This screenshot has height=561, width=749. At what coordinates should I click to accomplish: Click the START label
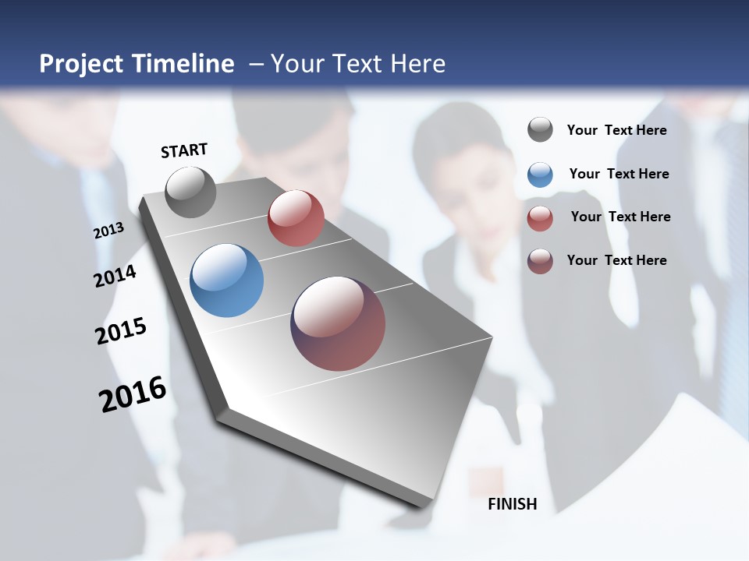[184, 150]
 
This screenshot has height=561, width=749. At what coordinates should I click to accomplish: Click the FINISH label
[513, 504]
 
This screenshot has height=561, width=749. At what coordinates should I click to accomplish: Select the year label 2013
[108, 231]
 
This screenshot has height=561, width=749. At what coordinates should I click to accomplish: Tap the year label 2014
[115, 276]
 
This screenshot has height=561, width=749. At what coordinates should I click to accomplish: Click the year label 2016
[133, 393]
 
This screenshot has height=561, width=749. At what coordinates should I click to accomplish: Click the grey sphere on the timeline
[191, 192]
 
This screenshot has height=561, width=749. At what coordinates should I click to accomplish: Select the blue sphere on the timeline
[226, 280]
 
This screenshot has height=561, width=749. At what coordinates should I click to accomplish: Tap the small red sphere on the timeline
[296, 218]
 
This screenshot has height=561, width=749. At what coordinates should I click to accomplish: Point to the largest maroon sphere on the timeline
[338, 323]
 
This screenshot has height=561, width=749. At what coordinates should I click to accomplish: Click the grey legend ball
[540, 129]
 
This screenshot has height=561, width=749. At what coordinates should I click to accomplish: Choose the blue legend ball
[540, 175]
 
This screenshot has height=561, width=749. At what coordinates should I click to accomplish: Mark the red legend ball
[540, 218]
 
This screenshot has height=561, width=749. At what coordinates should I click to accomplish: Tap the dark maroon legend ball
[540, 261]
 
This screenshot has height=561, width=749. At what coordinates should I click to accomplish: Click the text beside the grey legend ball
[616, 130]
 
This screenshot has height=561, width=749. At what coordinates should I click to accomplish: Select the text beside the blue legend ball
[619, 174]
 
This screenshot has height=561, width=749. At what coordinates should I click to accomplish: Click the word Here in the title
[417, 64]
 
